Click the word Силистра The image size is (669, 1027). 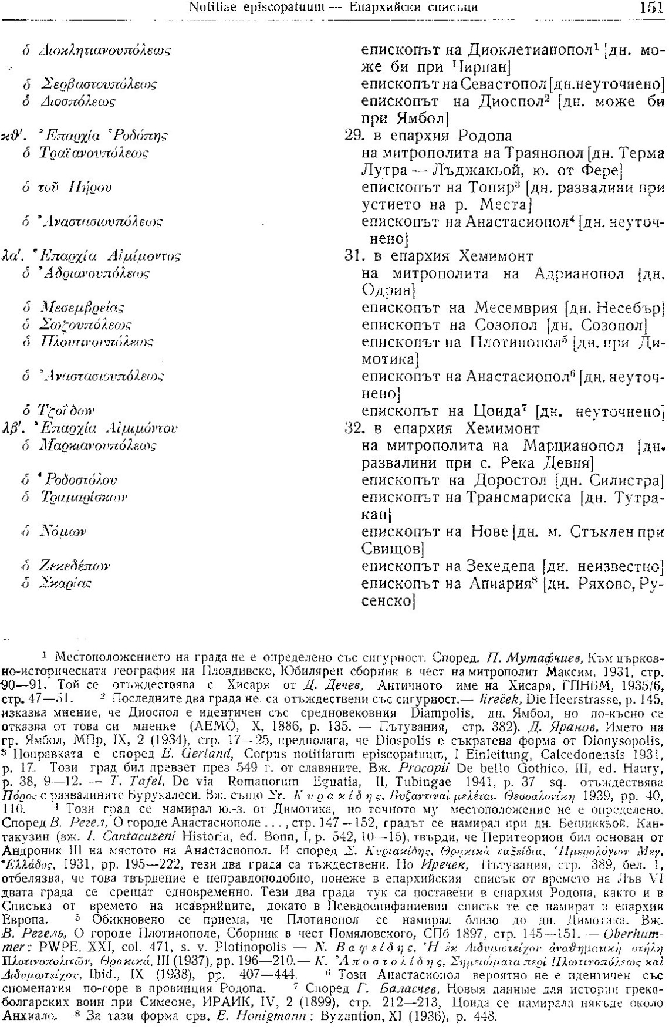click(x=626, y=481)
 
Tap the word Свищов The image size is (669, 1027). click(x=390, y=549)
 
